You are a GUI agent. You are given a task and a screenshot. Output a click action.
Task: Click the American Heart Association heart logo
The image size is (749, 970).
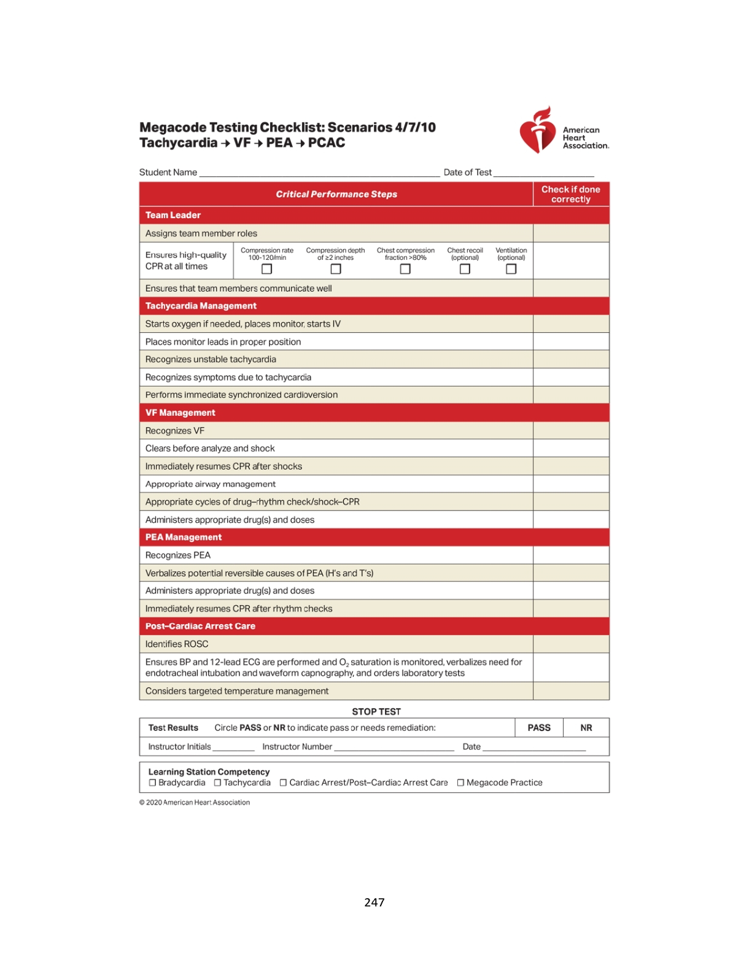tap(538, 130)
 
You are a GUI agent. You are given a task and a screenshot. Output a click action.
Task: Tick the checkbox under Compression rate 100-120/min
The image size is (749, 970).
tap(266, 269)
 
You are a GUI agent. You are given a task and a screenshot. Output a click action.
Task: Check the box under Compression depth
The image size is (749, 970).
tap(335, 269)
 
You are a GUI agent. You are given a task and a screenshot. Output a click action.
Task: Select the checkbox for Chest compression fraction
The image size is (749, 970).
tap(405, 269)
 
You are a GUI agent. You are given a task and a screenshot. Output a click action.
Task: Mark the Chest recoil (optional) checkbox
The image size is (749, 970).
tap(465, 269)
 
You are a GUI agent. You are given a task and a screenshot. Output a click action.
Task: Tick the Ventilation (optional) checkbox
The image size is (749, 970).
tap(511, 269)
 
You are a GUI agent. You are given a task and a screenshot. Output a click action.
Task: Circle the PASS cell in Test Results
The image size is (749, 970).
tap(538, 728)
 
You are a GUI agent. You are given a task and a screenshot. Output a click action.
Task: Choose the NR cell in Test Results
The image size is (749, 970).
tap(586, 728)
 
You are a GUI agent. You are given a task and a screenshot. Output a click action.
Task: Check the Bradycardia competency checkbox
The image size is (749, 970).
tap(152, 783)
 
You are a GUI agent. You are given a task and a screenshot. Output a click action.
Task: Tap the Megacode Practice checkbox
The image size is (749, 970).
tap(460, 783)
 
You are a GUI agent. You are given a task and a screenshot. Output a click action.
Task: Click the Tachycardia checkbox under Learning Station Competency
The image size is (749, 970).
tap(217, 783)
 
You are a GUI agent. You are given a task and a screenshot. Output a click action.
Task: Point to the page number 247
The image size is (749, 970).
tap(374, 902)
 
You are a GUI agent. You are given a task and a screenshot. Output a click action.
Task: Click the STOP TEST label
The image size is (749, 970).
tap(376, 711)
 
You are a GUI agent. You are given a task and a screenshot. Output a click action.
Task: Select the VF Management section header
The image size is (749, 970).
tap(180, 413)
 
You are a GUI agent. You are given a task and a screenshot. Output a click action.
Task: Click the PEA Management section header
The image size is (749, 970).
tap(184, 538)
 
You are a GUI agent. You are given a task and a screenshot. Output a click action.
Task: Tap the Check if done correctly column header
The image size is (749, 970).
tap(570, 194)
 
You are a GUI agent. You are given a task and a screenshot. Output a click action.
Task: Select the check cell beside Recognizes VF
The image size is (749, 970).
tap(570, 431)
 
